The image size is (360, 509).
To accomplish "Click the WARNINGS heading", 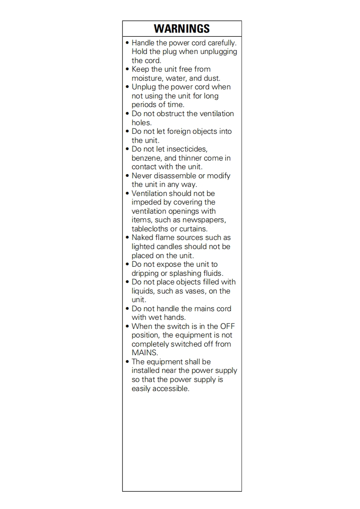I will coord(182,29).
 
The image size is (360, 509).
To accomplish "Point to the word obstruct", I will coord(165,114).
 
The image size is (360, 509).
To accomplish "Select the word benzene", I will coord(147,158).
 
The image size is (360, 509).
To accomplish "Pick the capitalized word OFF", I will coord(227,327).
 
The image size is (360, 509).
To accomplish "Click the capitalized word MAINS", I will coord(144,353).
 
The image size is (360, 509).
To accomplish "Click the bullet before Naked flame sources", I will coord(127,238).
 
